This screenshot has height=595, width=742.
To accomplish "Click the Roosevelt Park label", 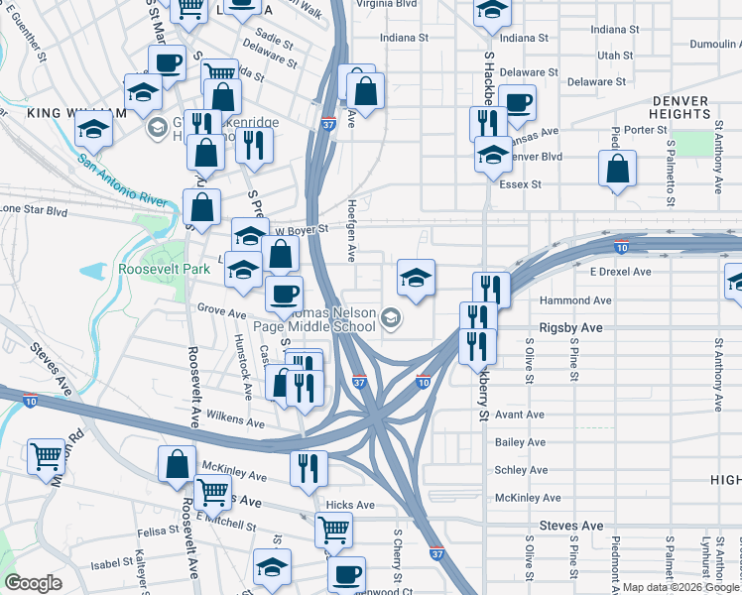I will click(164, 269).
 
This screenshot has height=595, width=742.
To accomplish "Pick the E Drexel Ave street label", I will click(620, 271).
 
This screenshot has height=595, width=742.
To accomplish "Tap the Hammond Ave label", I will click(574, 299).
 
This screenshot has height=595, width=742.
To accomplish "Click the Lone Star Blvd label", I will click(34, 211).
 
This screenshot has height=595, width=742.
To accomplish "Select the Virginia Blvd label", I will click(406, 4).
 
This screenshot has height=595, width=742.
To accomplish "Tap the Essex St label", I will click(521, 184).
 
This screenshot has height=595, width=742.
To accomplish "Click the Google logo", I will click(34, 583).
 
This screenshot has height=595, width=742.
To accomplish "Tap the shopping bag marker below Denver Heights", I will click(617, 168).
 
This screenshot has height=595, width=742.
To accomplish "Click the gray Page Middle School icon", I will click(392, 317).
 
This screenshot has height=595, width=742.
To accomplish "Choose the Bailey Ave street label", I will click(521, 442).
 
